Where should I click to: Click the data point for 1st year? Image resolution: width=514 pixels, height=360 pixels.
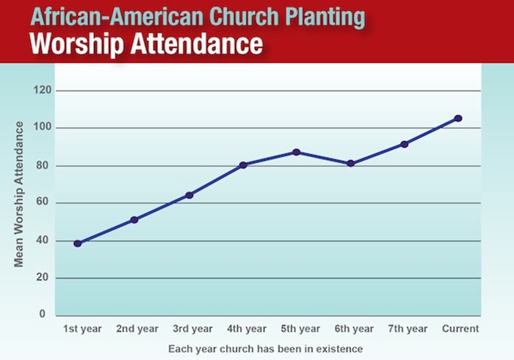tap(77, 243)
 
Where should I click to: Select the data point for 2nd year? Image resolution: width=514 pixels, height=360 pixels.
tap(134, 220)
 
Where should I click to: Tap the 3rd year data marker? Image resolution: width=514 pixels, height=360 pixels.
tap(189, 195)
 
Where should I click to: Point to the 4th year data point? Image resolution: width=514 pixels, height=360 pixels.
tap(243, 165)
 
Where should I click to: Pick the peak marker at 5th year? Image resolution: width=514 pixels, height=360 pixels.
tap(297, 152)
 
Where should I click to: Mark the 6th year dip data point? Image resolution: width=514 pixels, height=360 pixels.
tap(350, 163)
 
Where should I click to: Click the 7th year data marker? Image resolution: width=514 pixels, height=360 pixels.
tap(404, 144)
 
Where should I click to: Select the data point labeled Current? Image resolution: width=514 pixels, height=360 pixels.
tap(458, 118)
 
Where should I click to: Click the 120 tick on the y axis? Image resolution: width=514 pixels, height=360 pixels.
tap(43, 90)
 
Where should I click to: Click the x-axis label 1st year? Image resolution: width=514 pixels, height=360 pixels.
tap(82, 328)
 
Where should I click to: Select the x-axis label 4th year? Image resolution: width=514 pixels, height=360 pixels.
tap(246, 328)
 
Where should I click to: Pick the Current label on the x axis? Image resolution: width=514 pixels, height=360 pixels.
tap(460, 328)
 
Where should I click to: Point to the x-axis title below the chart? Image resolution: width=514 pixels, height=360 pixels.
tap(265, 348)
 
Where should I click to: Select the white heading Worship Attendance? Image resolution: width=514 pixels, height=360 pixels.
tap(145, 43)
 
